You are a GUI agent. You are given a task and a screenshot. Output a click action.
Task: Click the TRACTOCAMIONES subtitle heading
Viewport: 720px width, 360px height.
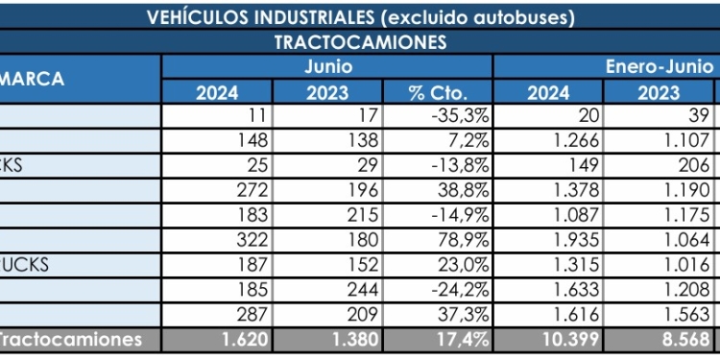click(x=360, y=43)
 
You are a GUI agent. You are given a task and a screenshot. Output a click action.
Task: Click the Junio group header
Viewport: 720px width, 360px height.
click(x=327, y=67)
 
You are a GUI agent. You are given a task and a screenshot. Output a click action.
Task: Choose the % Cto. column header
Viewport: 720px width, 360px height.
click(x=438, y=93)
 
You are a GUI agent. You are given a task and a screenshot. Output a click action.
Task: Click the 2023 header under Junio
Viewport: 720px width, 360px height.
click(x=327, y=93)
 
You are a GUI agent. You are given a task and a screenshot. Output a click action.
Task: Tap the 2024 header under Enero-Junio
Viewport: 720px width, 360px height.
click(x=548, y=93)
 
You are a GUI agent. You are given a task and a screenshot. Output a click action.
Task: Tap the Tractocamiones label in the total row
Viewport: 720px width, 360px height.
click(x=71, y=339)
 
